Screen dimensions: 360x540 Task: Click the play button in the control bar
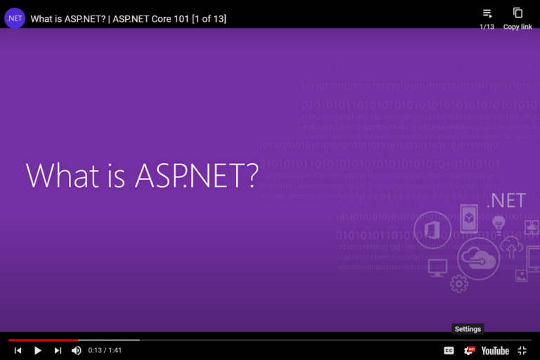pos(38,350)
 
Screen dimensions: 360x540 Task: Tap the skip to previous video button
pos(18,350)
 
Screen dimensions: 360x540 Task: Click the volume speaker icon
pos(76,350)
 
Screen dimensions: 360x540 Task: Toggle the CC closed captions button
pos(449,350)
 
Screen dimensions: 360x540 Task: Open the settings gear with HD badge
pos(468,350)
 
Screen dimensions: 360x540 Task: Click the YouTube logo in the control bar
pos(495,350)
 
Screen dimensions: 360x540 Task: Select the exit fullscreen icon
pos(522,350)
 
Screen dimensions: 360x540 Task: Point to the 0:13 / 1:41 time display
pos(105,350)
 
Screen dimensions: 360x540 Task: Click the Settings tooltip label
pos(468,329)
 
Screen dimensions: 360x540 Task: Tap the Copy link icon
pos(517,13)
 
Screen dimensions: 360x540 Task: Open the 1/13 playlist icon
pos(487,13)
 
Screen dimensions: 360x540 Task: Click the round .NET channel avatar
pos(15,18)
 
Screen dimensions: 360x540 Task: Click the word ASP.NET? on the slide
pos(196,175)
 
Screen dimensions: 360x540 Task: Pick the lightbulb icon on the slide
pos(499,224)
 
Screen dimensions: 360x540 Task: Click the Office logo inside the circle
pos(432,231)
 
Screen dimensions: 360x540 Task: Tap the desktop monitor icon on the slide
pos(438,267)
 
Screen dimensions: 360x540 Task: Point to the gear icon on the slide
pos(459,283)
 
